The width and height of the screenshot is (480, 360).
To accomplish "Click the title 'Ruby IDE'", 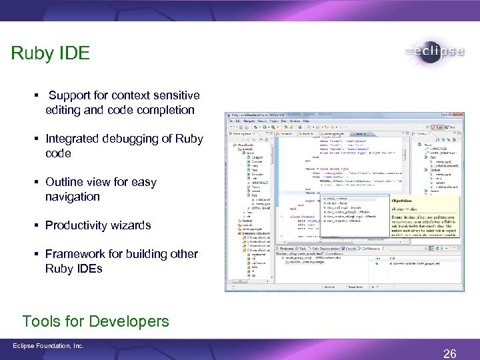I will pos(50,53).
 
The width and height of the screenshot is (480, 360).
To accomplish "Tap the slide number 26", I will pos(450,353).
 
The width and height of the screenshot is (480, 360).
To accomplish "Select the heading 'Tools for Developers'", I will pos(95,321).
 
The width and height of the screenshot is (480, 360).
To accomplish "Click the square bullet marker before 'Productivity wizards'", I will pos(37,225).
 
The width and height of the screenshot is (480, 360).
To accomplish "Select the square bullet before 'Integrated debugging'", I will pos(37,139).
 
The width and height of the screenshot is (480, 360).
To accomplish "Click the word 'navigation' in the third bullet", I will pos(73,197).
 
